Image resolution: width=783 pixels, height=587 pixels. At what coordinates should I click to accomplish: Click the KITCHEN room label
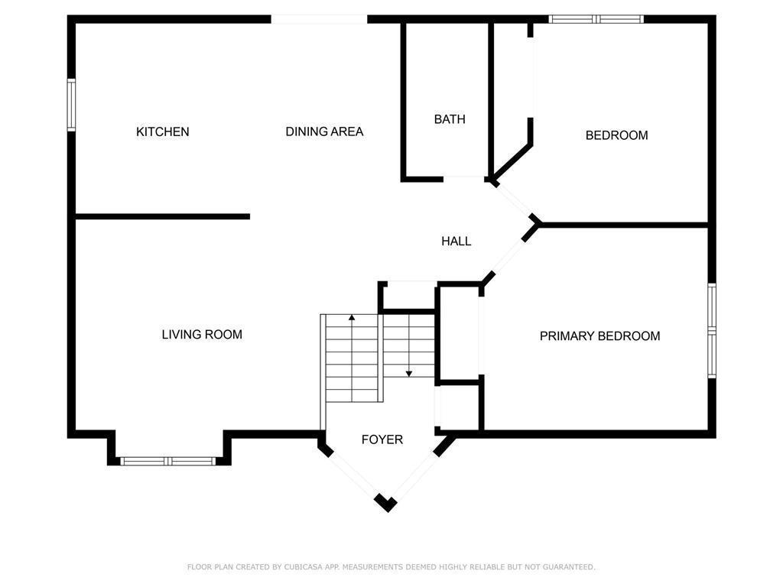point(162,131)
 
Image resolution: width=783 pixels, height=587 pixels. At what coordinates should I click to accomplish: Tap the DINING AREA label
point(324,131)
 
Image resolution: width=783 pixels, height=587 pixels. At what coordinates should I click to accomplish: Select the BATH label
point(450,119)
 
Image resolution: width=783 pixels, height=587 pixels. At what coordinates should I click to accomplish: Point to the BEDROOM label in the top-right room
point(616,135)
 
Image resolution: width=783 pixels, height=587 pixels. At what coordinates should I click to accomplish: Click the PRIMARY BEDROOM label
point(599,336)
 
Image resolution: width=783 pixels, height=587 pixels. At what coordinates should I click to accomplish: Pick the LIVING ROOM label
point(202,334)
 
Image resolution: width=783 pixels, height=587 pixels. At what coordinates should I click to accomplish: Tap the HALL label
point(456,241)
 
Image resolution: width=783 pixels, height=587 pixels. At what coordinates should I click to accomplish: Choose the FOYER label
point(382,439)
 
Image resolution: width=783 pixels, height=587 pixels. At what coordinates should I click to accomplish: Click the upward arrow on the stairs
point(352,316)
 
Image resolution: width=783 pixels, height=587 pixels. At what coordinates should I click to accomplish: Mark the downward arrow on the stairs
point(409,373)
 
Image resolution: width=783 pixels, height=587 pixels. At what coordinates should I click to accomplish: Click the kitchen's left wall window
point(71,105)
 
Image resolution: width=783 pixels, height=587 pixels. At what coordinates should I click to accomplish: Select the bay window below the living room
point(169,461)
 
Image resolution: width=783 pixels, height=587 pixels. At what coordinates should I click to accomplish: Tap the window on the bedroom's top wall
point(596,19)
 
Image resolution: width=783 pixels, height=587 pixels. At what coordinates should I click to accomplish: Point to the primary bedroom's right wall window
point(712,330)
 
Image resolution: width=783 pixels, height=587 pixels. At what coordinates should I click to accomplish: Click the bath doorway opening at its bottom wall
point(463,179)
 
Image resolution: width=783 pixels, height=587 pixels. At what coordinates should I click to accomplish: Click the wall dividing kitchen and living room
point(162,216)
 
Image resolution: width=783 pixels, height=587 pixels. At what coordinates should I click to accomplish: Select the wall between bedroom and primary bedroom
point(623,225)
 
